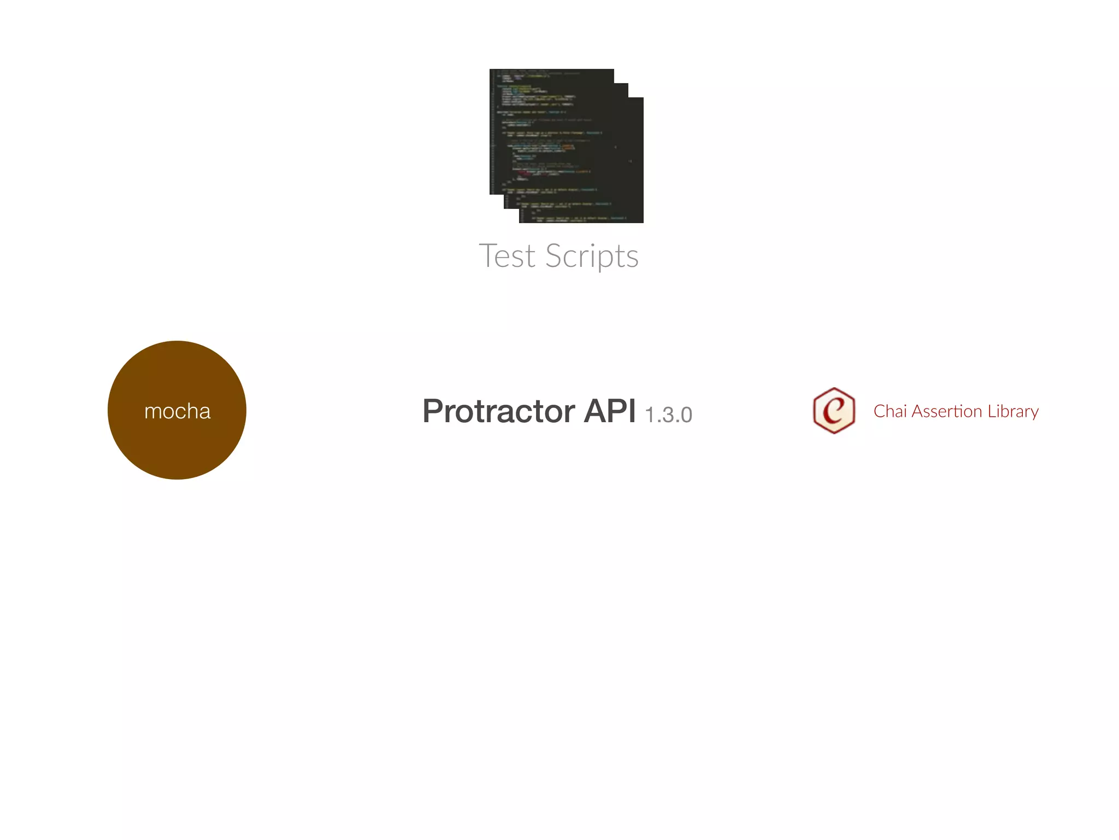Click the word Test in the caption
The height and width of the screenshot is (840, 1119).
tap(507, 256)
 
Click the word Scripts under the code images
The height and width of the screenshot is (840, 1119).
tap(592, 256)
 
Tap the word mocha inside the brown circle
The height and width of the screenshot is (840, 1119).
tap(177, 411)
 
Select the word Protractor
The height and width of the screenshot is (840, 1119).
tap(498, 411)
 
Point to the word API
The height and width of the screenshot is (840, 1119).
tap(609, 411)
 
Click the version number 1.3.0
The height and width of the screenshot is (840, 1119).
tap(668, 415)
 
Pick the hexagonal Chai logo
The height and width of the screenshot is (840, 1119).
tap(834, 411)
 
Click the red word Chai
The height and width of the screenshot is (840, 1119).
tap(890, 411)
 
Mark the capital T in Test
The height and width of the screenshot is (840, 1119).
tap(488, 256)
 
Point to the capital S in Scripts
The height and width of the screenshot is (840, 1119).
tap(555, 256)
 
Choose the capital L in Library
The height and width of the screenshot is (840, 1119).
tap(992, 411)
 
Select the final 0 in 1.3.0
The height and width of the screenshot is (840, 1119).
tap(686, 415)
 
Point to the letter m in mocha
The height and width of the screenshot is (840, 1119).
tap(153, 412)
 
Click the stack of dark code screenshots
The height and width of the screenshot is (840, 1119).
tap(566, 145)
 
